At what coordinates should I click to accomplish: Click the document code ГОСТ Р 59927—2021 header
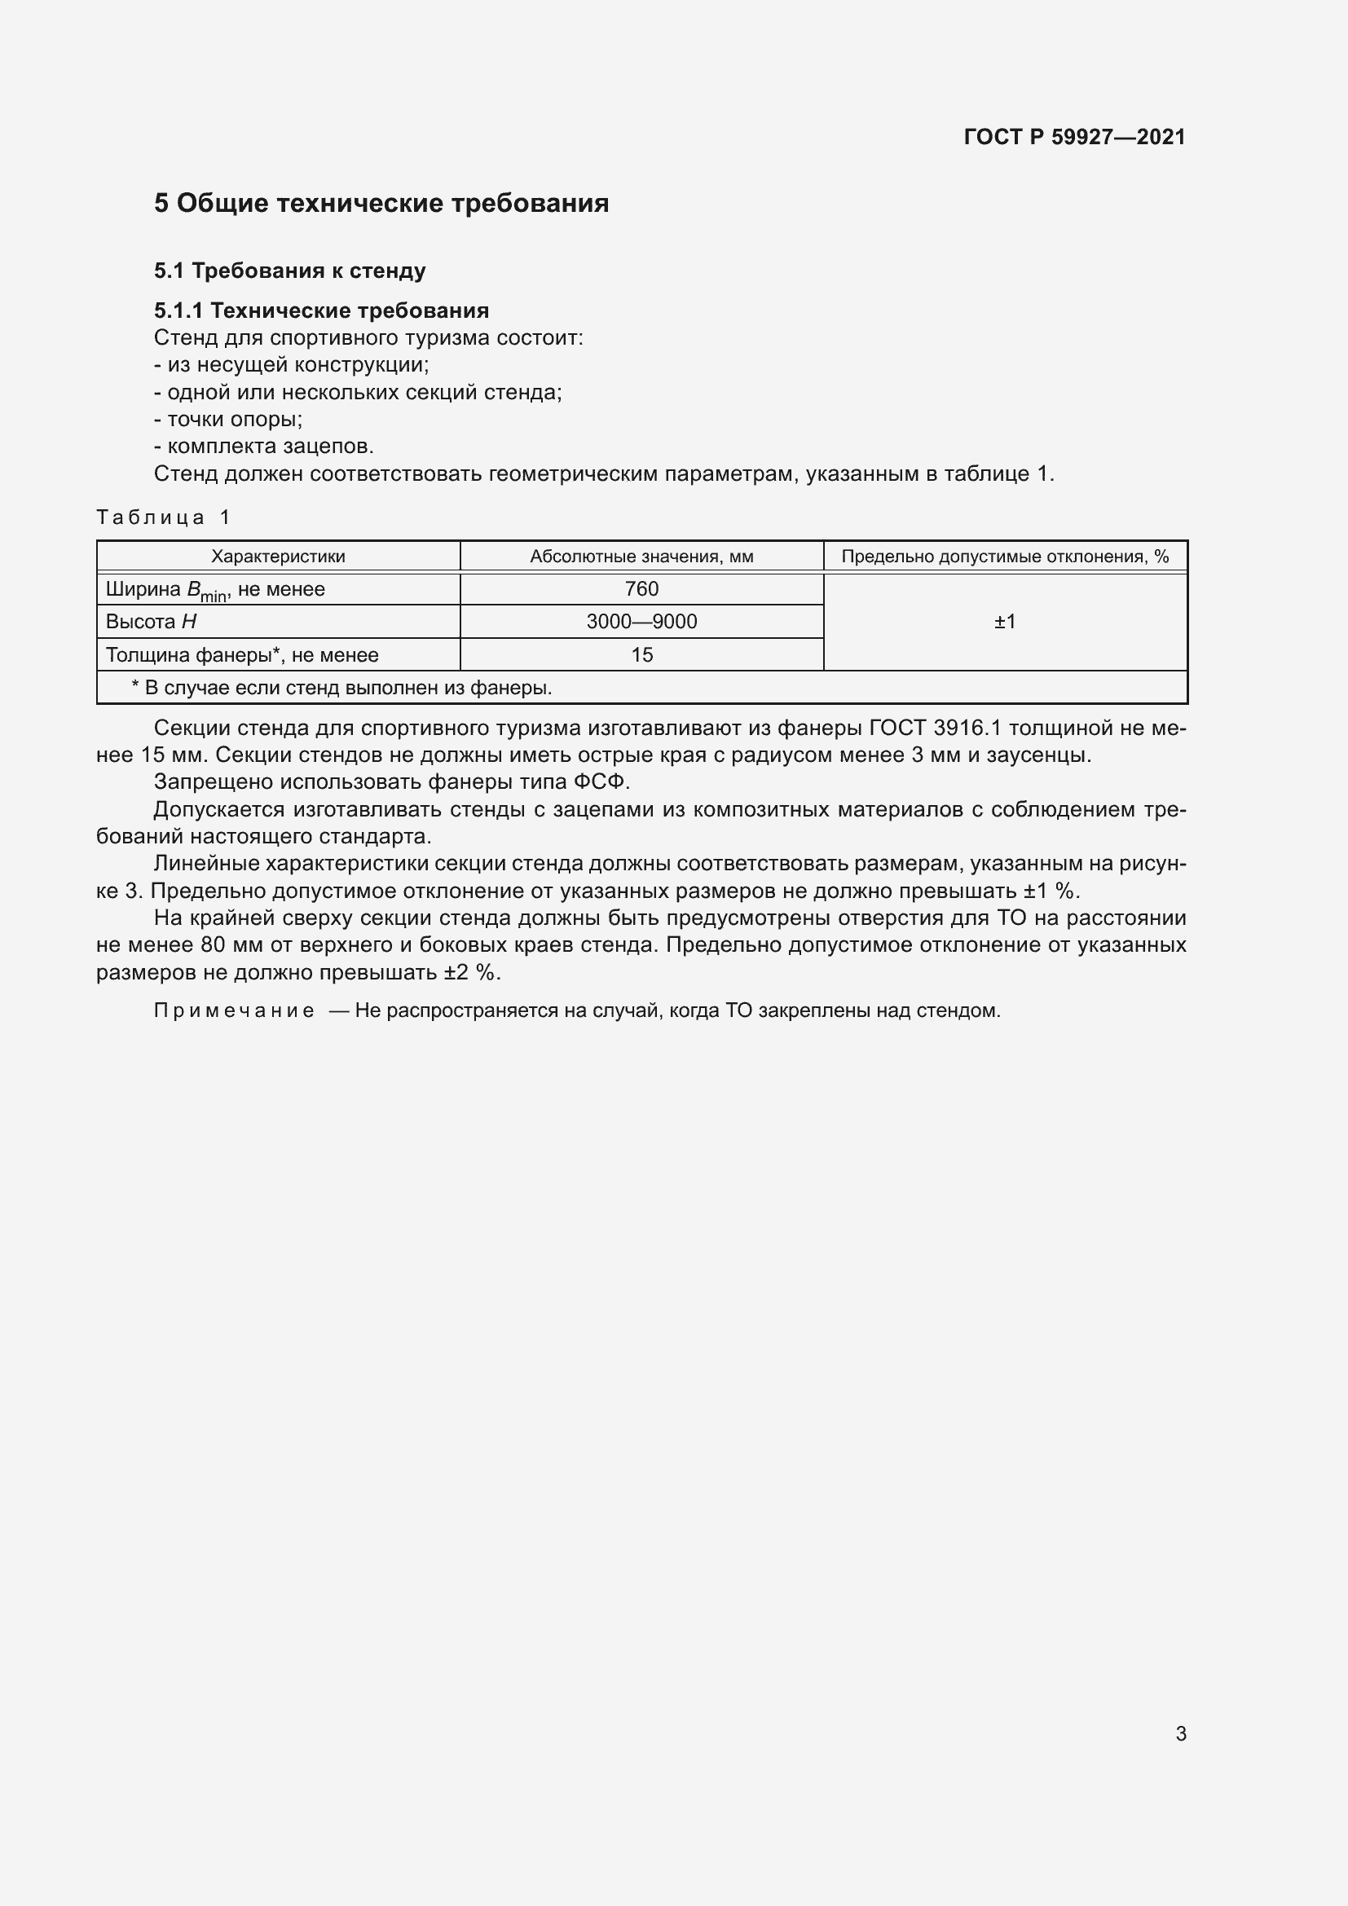coord(1074,137)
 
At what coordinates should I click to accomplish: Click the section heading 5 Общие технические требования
coord(381,204)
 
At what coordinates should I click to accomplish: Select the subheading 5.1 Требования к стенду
coord(289,271)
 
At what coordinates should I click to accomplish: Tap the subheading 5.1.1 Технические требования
coord(321,310)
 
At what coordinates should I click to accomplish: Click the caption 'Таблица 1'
coord(163,517)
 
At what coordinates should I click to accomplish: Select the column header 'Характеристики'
coord(278,557)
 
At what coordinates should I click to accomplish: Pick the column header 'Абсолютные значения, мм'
coord(641,557)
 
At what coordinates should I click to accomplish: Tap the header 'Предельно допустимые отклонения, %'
coord(1004,557)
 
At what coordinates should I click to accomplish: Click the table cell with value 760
coord(641,588)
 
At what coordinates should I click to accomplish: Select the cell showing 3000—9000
coord(641,622)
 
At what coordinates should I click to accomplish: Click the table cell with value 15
coord(641,655)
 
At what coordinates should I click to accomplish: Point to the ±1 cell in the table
coord(1004,622)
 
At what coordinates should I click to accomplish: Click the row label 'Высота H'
coord(151,622)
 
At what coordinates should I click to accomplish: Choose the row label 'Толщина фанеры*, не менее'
coord(241,655)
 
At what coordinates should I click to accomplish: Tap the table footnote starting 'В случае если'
coord(341,688)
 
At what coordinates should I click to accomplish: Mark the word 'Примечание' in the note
coord(233,1011)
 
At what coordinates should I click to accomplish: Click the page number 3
coord(1180,1734)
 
